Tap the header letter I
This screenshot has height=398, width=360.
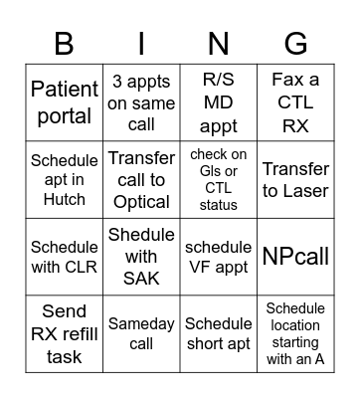tap(141, 44)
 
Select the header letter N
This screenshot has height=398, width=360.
tap(218, 44)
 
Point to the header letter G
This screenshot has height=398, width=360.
tap(295, 44)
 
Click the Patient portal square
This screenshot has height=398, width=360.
tap(65, 102)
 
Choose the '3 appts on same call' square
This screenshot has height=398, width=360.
tap(141, 102)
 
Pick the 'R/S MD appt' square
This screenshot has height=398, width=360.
tap(218, 102)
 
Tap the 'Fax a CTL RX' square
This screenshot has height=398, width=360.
tap(295, 102)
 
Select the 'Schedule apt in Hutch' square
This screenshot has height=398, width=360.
tap(65, 180)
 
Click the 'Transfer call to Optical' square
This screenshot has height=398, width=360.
tap(141, 180)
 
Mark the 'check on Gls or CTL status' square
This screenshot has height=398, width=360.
tap(218, 180)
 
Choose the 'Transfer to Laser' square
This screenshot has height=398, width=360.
tap(295, 180)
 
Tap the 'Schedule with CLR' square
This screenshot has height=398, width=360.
tap(65, 257)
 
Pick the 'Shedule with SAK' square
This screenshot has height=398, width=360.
tap(141, 257)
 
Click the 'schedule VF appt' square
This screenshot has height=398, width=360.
tap(218, 257)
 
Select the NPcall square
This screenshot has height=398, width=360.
tap(295, 257)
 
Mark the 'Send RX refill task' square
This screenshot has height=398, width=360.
tap(65, 333)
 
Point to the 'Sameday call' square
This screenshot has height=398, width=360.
tap(141, 333)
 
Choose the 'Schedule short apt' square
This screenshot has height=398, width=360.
tap(218, 333)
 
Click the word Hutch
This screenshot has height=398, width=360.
tap(65, 199)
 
